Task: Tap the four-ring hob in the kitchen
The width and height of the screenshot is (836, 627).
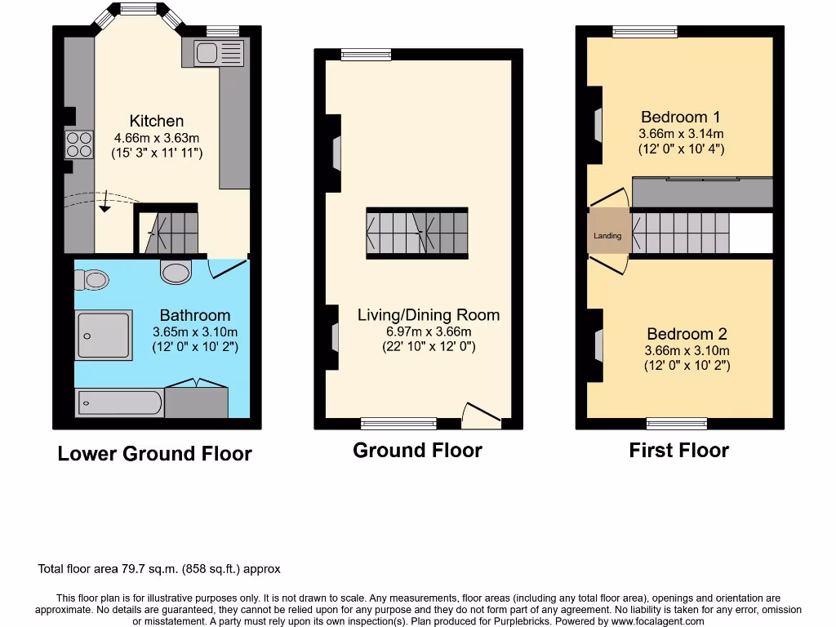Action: pos(79,145)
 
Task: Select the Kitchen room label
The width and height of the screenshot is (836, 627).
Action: pos(157,121)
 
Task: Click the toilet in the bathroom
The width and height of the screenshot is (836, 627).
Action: pos(92,280)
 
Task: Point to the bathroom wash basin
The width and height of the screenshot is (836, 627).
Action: pos(176,271)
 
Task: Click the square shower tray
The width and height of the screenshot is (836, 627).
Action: pos(104,335)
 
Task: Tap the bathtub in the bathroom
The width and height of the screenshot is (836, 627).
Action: pos(119,402)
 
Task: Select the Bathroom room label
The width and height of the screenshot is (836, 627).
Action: pos(194,315)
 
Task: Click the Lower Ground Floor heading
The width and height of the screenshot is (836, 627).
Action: pos(154,454)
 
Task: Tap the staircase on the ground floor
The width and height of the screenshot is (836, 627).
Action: pos(417,233)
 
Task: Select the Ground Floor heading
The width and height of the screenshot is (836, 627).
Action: pos(417,450)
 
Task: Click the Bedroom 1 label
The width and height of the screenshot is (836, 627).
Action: pos(680,117)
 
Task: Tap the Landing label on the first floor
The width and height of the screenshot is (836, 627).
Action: pos(607,236)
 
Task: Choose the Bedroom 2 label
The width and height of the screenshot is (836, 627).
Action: pos(687,333)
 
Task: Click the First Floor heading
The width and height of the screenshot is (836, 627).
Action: pos(678,450)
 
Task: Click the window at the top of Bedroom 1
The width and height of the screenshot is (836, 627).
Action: pos(645,32)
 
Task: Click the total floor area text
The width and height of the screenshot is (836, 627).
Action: pos(159,569)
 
